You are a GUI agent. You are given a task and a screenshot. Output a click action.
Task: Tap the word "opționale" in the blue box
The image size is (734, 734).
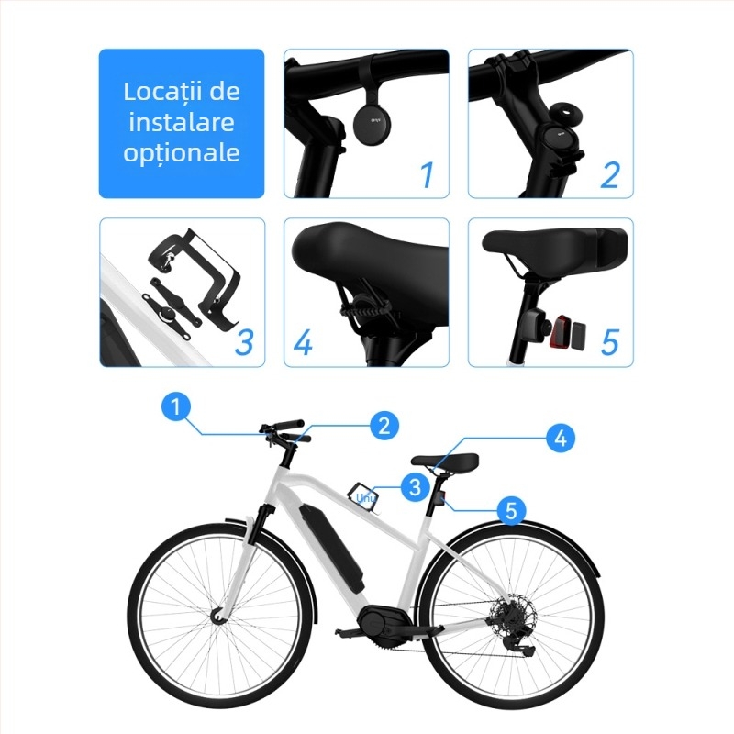click(x=182, y=152)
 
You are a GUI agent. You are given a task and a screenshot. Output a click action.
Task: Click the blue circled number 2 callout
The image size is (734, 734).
click(x=384, y=424)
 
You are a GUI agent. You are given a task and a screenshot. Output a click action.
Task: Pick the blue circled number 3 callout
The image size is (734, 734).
click(x=415, y=485)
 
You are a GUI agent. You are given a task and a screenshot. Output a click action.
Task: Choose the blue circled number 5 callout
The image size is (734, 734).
click(x=512, y=507)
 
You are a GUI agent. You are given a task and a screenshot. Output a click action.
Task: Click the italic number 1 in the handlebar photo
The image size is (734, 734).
click(x=426, y=174)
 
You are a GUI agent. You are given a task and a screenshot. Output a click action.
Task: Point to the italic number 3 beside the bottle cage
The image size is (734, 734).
click(x=244, y=341)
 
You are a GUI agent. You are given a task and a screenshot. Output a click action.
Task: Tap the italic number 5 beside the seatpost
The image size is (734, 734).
click(x=611, y=341)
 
